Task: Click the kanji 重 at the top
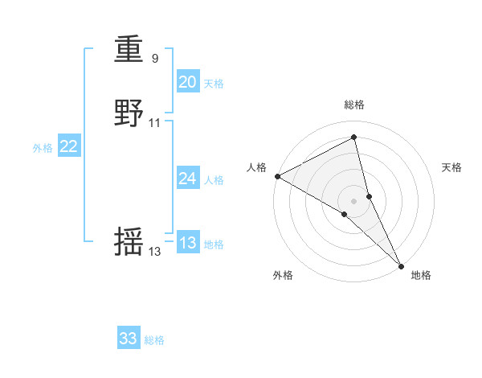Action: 129,50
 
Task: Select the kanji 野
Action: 129,113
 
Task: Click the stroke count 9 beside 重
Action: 154,59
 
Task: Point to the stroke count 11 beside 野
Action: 155,123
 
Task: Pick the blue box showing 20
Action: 187,82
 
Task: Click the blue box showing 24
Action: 187,179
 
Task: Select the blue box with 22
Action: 69,146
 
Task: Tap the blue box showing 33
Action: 129,339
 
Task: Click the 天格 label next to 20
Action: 214,84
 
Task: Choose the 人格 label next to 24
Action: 214,180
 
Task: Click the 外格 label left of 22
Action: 43,148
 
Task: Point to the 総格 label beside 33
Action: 154,340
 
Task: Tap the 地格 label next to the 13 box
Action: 214,244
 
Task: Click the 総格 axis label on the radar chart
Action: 354,105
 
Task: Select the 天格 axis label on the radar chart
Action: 452,167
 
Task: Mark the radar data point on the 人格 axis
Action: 277,176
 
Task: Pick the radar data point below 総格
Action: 354,138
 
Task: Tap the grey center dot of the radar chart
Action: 354,200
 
